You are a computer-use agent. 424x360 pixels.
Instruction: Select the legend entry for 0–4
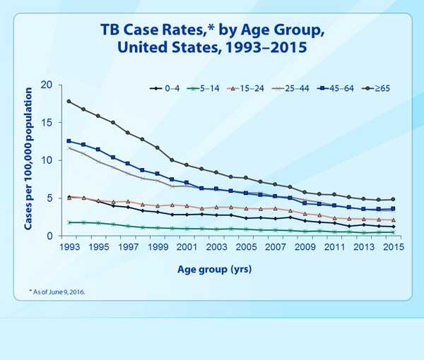click(167, 88)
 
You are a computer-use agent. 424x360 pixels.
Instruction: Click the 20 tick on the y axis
click(47, 85)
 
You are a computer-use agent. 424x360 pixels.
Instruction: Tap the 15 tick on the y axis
click(47, 123)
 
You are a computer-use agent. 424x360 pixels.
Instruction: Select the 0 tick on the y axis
click(51, 236)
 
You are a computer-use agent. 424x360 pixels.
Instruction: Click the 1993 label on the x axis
click(69, 248)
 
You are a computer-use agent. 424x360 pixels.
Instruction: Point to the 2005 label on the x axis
click(245, 248)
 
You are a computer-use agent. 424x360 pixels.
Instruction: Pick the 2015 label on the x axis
click(391, 248)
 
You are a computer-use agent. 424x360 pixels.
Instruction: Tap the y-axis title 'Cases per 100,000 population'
click(29, 160)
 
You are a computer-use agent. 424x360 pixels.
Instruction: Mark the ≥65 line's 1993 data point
click(69, 101)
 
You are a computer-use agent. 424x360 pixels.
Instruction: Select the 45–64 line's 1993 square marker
click(69, 141)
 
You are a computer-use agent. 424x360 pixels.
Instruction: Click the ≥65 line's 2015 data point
click(392, 199)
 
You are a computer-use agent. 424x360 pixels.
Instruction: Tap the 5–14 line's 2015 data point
click(392, 232)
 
